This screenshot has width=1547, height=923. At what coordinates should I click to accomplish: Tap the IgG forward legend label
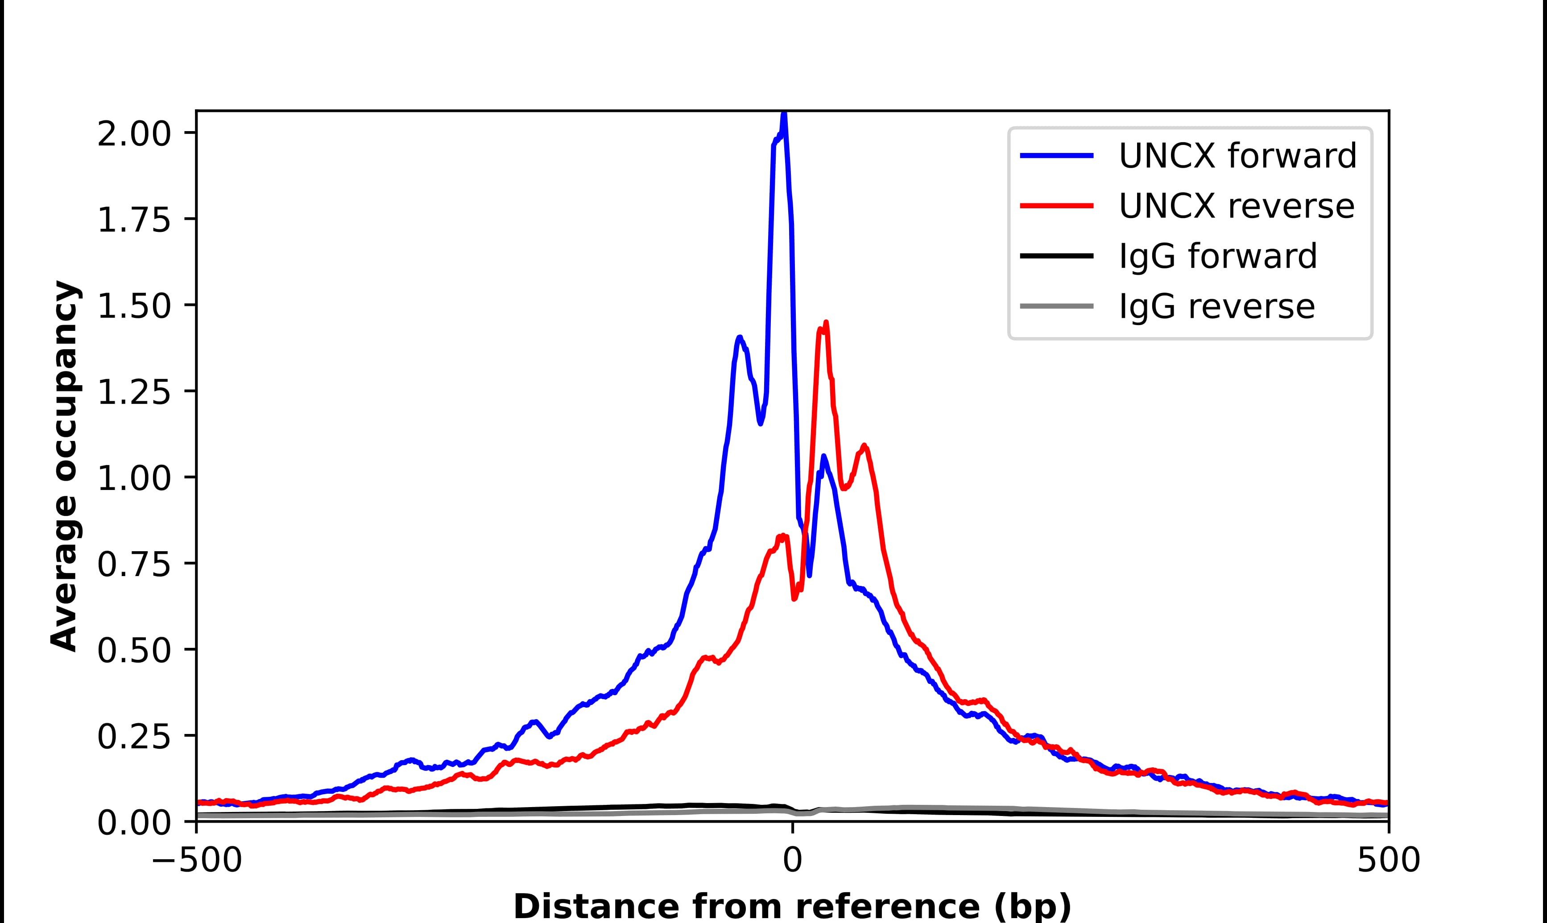point(1217,256)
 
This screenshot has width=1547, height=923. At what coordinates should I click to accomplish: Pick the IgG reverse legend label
point(1216,307)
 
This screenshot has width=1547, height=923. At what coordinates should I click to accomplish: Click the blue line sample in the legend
point(1057,156)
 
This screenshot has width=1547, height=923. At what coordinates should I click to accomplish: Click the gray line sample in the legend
point(1057,306)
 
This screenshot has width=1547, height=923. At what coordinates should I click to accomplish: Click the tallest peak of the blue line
point(784,114)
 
